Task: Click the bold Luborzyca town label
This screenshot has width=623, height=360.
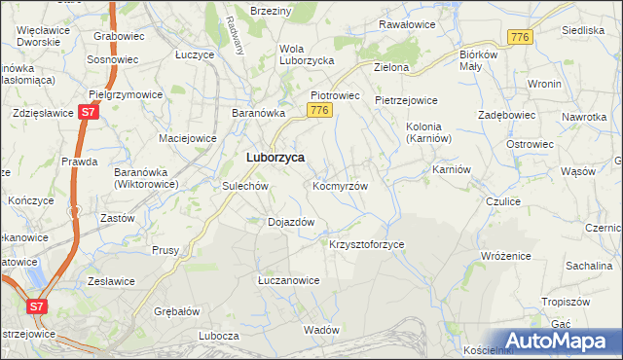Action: pos(275,157)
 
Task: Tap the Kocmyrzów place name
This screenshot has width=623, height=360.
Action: pos(340,185)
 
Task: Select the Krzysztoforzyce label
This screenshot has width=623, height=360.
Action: pos(367,244)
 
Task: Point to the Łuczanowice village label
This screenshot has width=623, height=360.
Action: pos(288,280)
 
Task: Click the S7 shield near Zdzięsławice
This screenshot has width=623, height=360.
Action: pos(88,113)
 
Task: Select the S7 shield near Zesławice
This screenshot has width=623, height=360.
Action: pos(36,306)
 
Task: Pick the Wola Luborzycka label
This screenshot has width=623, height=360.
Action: pos(307,54)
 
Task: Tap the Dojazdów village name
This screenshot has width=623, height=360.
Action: pos(291,222)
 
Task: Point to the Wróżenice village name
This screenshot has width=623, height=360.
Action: pos(506,255)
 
